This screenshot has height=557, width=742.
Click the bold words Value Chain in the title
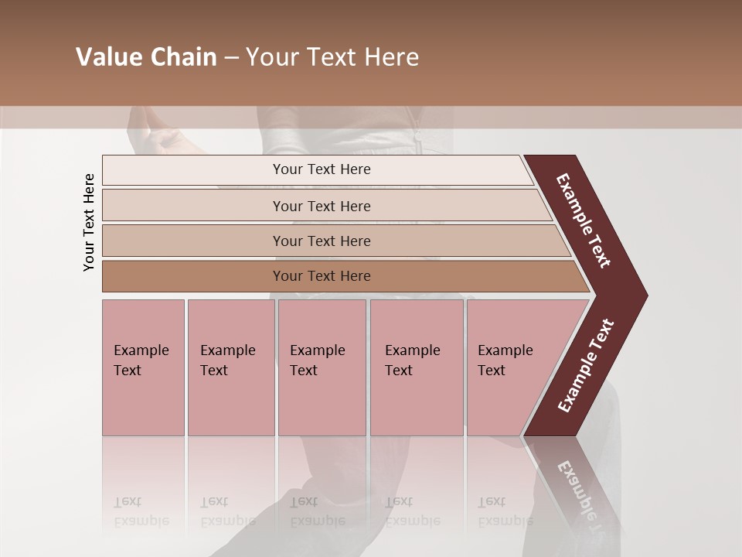click(146, 57)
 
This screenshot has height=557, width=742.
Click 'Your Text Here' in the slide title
click(332, 57)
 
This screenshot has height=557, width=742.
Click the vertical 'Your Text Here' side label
click(89, 222)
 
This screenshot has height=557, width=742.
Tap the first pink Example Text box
click(143, 367)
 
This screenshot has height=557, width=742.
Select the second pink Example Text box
click(230, 367)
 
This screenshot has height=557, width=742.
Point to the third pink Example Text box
click(322, 367)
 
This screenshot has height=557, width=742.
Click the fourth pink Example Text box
click(417, 367)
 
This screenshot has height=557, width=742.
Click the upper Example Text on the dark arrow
click(584, 220)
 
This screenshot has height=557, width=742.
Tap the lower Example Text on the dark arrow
click(585, 366)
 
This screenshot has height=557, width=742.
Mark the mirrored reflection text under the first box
click(141, 511)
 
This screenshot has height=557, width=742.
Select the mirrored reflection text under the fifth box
click(505, 511)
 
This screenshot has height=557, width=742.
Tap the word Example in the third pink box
click(317, 350)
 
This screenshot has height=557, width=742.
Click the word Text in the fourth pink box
click(399, 371)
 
